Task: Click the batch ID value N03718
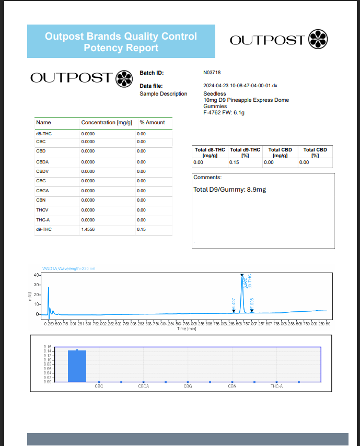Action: (212, 73)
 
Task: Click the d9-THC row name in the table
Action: (44, 229)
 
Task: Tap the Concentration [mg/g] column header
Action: (106, 123)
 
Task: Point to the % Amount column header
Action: (152, 123)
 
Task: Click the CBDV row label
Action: (43, 171)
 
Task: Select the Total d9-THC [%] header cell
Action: (245, 152)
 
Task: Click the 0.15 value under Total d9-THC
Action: (234, 162)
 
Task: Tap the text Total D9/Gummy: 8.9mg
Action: (229, 190)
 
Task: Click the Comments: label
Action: (207, 178)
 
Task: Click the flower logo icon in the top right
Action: (319, 40)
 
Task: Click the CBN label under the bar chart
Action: (232, 386)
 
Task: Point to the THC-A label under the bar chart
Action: (276, 386)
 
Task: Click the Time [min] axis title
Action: (187, 329)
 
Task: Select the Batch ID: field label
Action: (152, 73)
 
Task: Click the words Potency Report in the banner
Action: (121, 48)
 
